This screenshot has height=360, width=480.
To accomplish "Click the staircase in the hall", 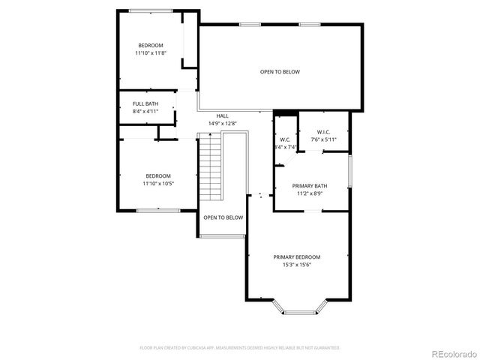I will point(211,166).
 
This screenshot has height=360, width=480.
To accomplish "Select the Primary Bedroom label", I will point(296,256).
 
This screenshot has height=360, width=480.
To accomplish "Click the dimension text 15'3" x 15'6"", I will point(296,265).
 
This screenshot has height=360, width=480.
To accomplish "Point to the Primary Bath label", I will point(310,185).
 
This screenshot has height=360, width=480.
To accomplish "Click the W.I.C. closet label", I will point(324,132).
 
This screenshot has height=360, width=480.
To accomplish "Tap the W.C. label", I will point(285,139).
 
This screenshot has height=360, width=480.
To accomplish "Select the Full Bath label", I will point(145,103).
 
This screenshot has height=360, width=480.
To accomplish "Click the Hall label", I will point(223,115).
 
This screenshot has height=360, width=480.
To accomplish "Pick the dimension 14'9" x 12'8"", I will point(223,124).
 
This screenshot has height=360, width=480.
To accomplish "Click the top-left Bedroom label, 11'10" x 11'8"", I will point(151,46).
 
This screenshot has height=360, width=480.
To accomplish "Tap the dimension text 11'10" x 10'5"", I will point(158,184).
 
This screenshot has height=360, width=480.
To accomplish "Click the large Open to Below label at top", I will point(280,72).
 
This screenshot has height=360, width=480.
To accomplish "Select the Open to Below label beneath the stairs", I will point(223,217).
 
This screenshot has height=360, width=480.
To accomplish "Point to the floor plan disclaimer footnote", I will point(240,348).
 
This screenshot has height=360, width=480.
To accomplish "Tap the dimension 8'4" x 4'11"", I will point(145,111).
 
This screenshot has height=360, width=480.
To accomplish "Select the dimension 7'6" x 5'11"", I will point(324,139).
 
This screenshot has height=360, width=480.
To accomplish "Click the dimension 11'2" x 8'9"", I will point(310,193).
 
